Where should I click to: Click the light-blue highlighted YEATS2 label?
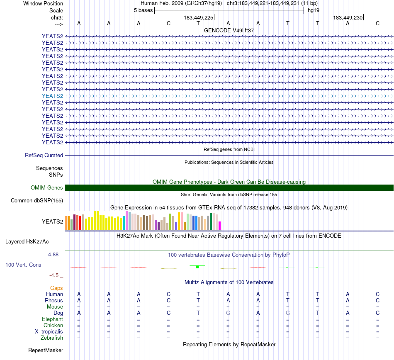(52, 96)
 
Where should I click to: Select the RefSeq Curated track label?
(44, 155)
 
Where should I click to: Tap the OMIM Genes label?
(47, 188)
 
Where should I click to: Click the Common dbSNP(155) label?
(36, 201)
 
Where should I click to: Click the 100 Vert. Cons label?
(23, 265)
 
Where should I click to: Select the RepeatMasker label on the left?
(46, 350)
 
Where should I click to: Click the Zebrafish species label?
(52, 338)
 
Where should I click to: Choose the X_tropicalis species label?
(49, 332)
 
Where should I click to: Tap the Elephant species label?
(52, 319)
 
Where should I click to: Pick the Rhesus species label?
(54, 300)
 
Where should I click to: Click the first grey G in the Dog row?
(228, 313)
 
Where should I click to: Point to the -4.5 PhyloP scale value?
(56, 275)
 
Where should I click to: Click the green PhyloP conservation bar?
(198, 266)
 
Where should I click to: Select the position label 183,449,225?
(198, 17)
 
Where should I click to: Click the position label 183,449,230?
(348, 17)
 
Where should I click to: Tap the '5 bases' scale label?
(143, 10)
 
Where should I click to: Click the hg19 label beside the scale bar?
(313, 10)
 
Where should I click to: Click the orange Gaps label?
(56, 288)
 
